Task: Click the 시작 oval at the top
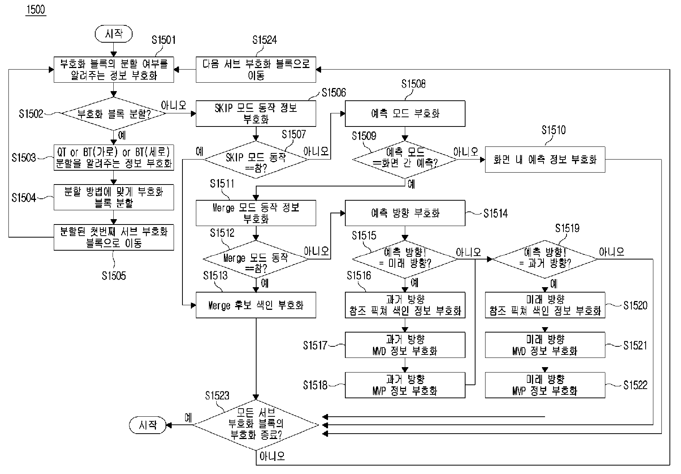click(113, 34)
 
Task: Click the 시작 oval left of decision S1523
click(148, 425)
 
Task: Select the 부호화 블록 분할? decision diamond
click(113, 114)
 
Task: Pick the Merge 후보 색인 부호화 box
click(256, 305)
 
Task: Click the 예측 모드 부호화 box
click(405, 113)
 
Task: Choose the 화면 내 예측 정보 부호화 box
click(545, 159)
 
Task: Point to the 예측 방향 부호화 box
click(405, 213)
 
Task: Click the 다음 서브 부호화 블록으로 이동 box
click(256, 70)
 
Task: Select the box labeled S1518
click(405, 385)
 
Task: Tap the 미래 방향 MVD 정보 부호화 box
click(545, 345)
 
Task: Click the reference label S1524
click(265, 40)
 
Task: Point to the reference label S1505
click(114, 276)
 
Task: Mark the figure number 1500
click(36, 9)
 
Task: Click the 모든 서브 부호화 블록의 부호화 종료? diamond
click(256, 425)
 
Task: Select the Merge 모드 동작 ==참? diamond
click(256, 259)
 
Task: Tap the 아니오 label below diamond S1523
click(272, 456)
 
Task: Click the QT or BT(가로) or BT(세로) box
click(113, 158)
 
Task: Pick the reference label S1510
click(553, 130)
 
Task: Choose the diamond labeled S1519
click(545, 259)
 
